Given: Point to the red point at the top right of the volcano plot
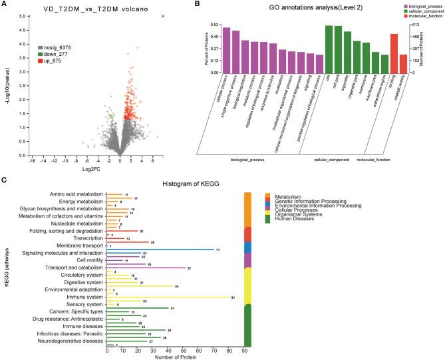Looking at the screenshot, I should pyautogui.click(x=163, y=16).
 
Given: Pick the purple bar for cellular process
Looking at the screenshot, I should pyautogui.click(x=226, y=50).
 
